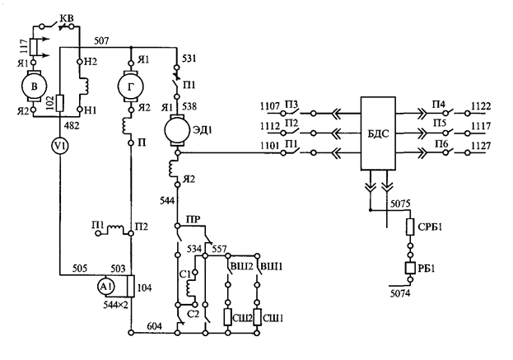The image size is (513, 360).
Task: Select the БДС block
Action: tap(378, 133)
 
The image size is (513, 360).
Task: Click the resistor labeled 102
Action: tap(60, 103)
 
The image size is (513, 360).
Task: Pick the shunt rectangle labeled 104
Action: tap(131, 286)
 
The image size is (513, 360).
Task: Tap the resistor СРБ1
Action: tap(410, 227)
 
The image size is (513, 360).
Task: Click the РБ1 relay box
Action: tap(410, 268)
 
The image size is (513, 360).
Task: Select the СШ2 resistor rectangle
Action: tap(228, 317)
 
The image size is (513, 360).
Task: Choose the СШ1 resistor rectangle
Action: tap(257, 317)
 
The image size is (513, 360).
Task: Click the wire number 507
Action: tap(101, 41)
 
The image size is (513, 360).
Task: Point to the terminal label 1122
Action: tap(481, 106)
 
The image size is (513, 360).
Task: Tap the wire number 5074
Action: tap(400, 293)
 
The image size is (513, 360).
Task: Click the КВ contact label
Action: tap(67, 18)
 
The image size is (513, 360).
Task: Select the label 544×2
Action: tap(115, 305)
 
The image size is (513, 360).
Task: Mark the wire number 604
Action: tap(155, 326)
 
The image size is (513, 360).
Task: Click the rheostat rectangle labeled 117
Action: tap(34, 47)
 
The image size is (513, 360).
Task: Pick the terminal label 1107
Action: tap(270, 106)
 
